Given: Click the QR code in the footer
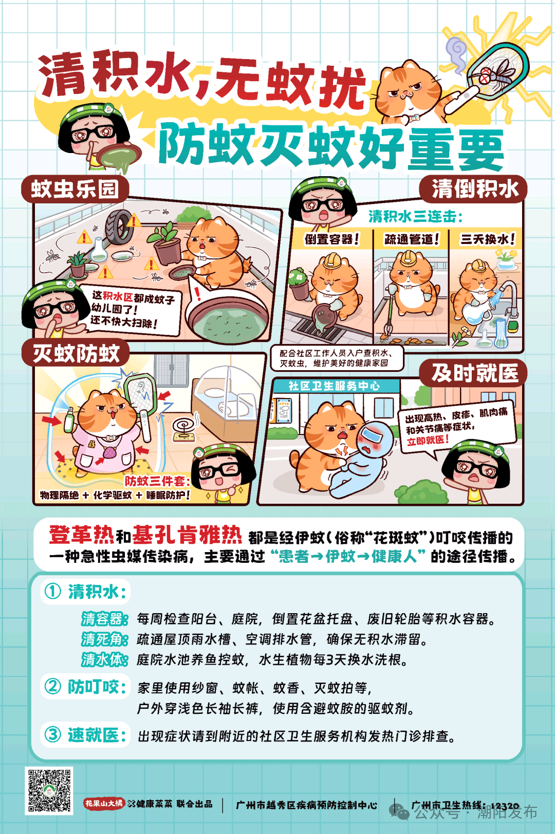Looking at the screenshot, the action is click(49, 790).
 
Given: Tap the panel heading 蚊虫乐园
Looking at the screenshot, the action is click(75, 189).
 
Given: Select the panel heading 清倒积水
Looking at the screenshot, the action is click(474, 189).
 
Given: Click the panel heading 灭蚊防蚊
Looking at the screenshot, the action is click(76, 353).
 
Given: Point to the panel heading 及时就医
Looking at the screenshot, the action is click(474, 373).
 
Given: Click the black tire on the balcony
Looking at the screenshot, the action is click(118, 227).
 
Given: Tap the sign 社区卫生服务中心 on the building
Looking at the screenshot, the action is click(334, 386).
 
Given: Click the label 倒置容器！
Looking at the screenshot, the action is click(331, 239).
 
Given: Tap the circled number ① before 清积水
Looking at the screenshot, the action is click(52, 591).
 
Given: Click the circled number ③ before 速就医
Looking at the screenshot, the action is click(52, 734).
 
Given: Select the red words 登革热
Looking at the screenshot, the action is click(82, 535).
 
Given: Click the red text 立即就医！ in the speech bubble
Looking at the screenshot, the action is click(428, 440).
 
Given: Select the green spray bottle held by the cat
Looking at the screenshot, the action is click(70, 420).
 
